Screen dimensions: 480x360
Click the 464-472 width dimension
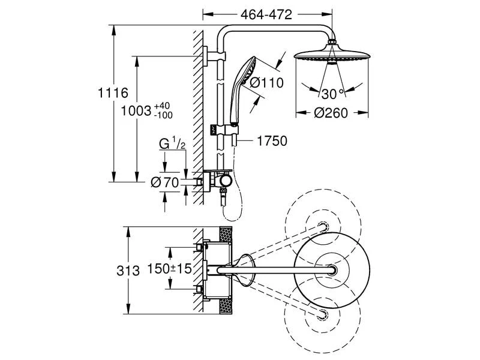(266, 14)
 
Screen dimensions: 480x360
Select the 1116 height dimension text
(113, 92)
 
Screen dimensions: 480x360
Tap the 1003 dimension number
(137, 111)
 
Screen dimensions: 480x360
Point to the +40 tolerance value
(162, 106)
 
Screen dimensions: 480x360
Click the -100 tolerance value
(163, 115)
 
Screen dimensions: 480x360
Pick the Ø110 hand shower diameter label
(266, 83)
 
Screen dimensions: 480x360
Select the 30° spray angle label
(332, 94)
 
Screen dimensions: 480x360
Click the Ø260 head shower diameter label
(331, 113)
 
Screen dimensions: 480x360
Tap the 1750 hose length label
(272, 141)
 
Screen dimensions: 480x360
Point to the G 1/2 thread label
(172, 143)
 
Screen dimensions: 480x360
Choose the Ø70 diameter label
(164, 183)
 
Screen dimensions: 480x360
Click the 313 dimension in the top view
(128, 271)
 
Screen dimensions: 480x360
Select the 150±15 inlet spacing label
(170, 268)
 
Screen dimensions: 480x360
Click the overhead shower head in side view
(332, 55)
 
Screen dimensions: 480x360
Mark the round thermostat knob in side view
(225, 181)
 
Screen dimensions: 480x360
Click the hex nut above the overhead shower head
(332, 41)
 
